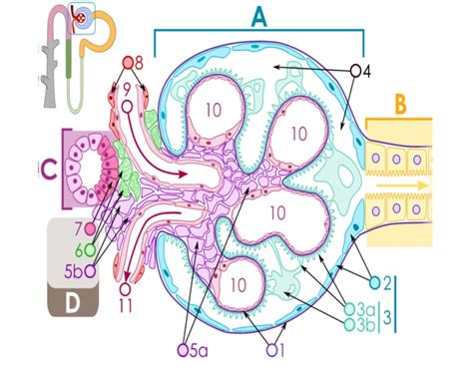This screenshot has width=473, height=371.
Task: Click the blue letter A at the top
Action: click(259, 16)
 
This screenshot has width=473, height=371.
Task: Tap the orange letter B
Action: click(399, 105)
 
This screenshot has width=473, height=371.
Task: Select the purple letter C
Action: click(47, 171)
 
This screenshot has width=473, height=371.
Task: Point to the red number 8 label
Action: click(139, 63)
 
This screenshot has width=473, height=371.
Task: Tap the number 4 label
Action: click(366, 71)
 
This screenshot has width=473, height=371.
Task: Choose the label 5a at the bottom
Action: click(200, 349)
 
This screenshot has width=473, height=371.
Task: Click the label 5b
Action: click(73, 270)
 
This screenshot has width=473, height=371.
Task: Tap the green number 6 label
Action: click(77, 249)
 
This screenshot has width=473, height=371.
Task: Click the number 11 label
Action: click(126, 304)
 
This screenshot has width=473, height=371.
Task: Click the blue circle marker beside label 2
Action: click(375, 282)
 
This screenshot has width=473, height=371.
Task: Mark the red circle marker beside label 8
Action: click(128, 63)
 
